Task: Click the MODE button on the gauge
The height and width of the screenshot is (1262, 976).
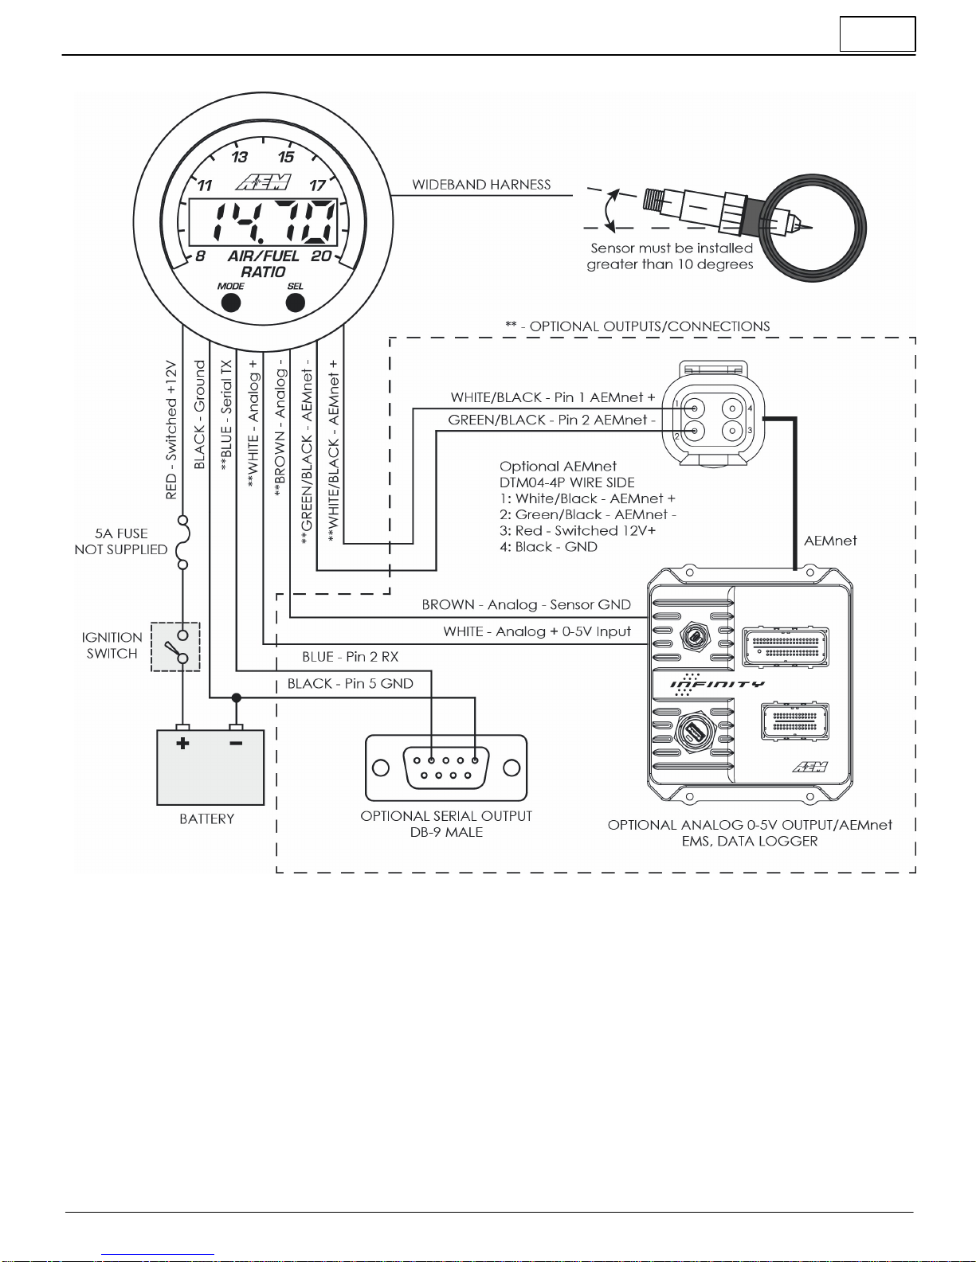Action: (x=230, y=303)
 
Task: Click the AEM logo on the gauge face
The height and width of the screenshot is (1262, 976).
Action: (x=264, y=182)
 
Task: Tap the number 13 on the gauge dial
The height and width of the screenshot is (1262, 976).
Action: (x=239, y=157)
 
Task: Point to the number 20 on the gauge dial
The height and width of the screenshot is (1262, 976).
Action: (x=321, y=256)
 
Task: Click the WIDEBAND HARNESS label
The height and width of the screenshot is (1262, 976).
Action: (x=481, y=185)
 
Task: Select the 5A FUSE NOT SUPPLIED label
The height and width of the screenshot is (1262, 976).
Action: (x=121, y=541)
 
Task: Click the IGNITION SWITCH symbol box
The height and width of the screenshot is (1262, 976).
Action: (x=175, y=647)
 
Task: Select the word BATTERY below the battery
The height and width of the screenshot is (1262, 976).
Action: (x=206, y=819)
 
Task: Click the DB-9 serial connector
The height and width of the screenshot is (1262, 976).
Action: (x=446, y=768)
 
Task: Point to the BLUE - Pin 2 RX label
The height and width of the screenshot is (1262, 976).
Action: (x=350, y=657)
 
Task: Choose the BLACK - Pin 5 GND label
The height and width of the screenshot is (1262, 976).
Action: (x=351, y=684)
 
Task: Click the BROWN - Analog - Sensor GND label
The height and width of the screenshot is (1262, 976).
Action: (x=526, y=605)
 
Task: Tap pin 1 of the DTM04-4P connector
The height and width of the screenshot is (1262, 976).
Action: (x=695, y=408)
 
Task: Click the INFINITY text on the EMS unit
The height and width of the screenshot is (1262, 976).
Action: (x=717, y=684)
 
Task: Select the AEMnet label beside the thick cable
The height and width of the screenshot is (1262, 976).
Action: (x=830, y=541)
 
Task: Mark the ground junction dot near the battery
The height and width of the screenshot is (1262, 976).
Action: (x=236, y=697)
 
